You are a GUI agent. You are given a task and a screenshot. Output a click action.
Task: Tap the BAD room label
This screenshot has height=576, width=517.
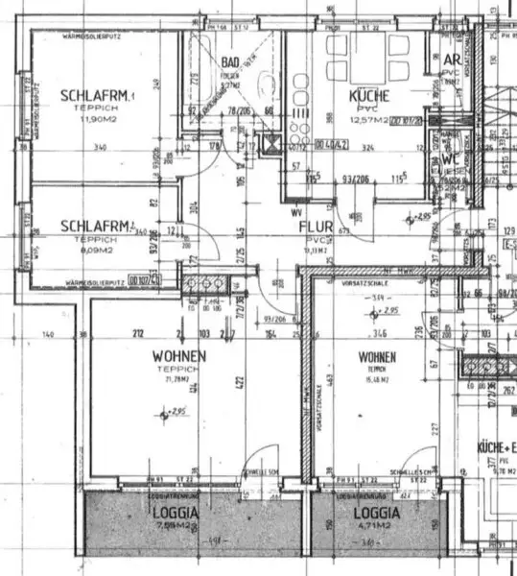231,63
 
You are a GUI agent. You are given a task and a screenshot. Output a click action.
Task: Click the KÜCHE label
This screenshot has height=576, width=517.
368,97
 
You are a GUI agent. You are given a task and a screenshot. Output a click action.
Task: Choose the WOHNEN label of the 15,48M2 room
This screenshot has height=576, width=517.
377,357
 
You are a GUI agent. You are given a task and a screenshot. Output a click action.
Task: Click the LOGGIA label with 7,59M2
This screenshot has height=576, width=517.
175,514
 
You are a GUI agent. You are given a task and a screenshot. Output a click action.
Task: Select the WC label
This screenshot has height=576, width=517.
449,160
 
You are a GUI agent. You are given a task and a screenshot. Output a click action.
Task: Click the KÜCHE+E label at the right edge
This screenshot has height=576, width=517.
496,447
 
